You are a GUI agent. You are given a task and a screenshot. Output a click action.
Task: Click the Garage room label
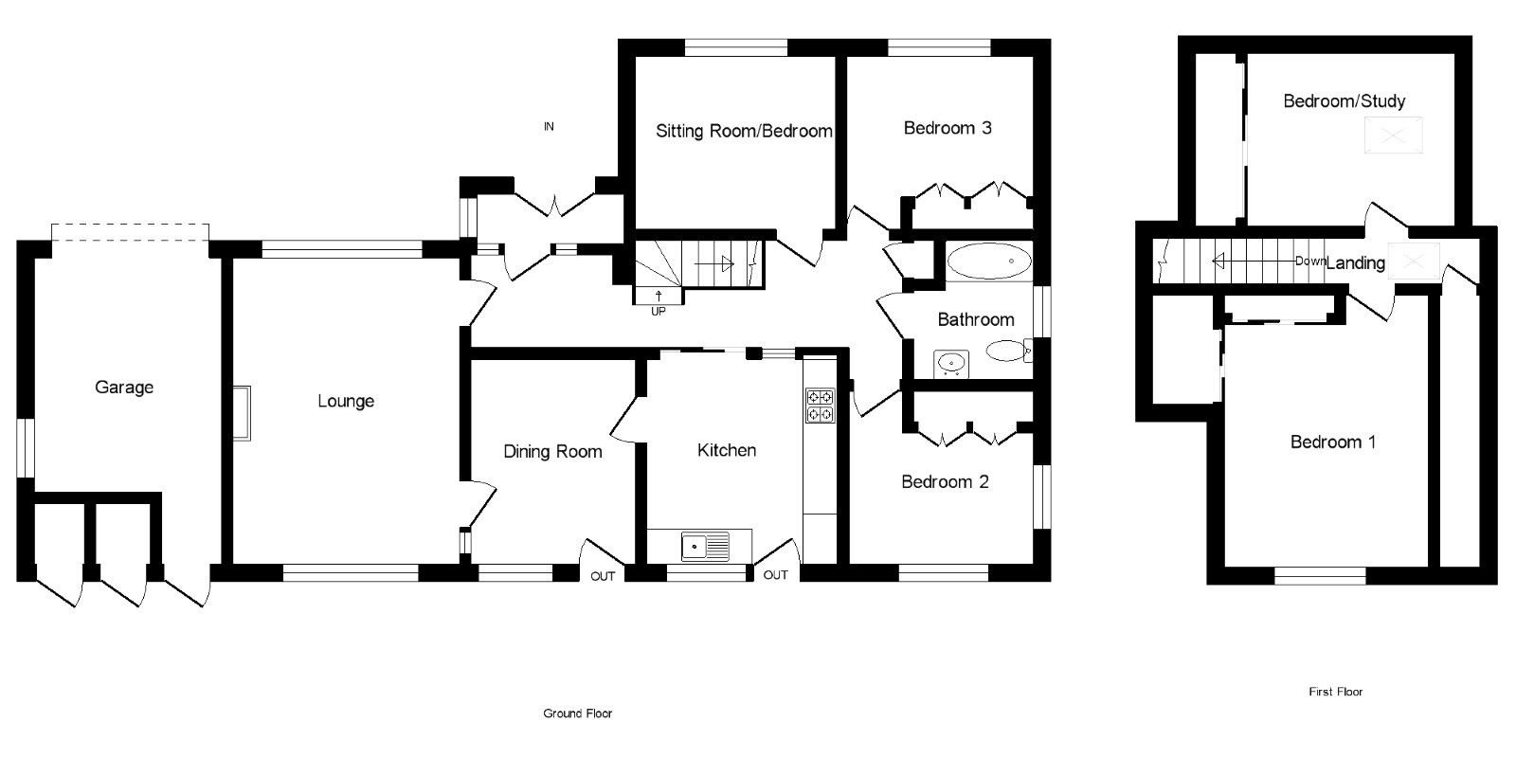[x=124, y=388]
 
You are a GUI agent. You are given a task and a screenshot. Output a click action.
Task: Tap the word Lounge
[x=346, y=402]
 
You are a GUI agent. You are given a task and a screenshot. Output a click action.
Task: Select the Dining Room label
[x=552, y=452]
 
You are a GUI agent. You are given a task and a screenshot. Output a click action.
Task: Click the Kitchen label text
[x=727, y=450]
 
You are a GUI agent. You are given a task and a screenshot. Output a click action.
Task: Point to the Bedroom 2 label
[x=945, y=482]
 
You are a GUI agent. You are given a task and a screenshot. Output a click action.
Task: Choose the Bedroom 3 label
[x=947, y=128]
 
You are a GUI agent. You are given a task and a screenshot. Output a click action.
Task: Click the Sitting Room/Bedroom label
[x=744, y=131]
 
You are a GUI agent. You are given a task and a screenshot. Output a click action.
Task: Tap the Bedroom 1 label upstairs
[x=1333, y=442]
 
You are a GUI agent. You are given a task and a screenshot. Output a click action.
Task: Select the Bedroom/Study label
[x=1344, y=101]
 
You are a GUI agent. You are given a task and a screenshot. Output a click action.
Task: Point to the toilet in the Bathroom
[x=1008, y=352]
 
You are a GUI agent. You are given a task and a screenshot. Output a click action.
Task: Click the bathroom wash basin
[x=950, y=362]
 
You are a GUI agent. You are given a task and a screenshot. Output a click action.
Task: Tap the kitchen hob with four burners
[x=819, y=405]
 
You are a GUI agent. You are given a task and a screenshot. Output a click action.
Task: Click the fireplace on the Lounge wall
[x=243, y=413]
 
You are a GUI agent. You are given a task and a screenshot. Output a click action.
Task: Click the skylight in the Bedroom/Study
[x=1394, y=135]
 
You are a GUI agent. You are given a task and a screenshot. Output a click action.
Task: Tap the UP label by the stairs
[x=658, y=311]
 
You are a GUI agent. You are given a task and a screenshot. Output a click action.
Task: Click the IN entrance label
[x=549, y=126]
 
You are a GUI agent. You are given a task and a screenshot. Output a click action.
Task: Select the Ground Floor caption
[x=577, y=713]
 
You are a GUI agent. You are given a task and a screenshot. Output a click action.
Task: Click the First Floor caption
[x=1335, y=692]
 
